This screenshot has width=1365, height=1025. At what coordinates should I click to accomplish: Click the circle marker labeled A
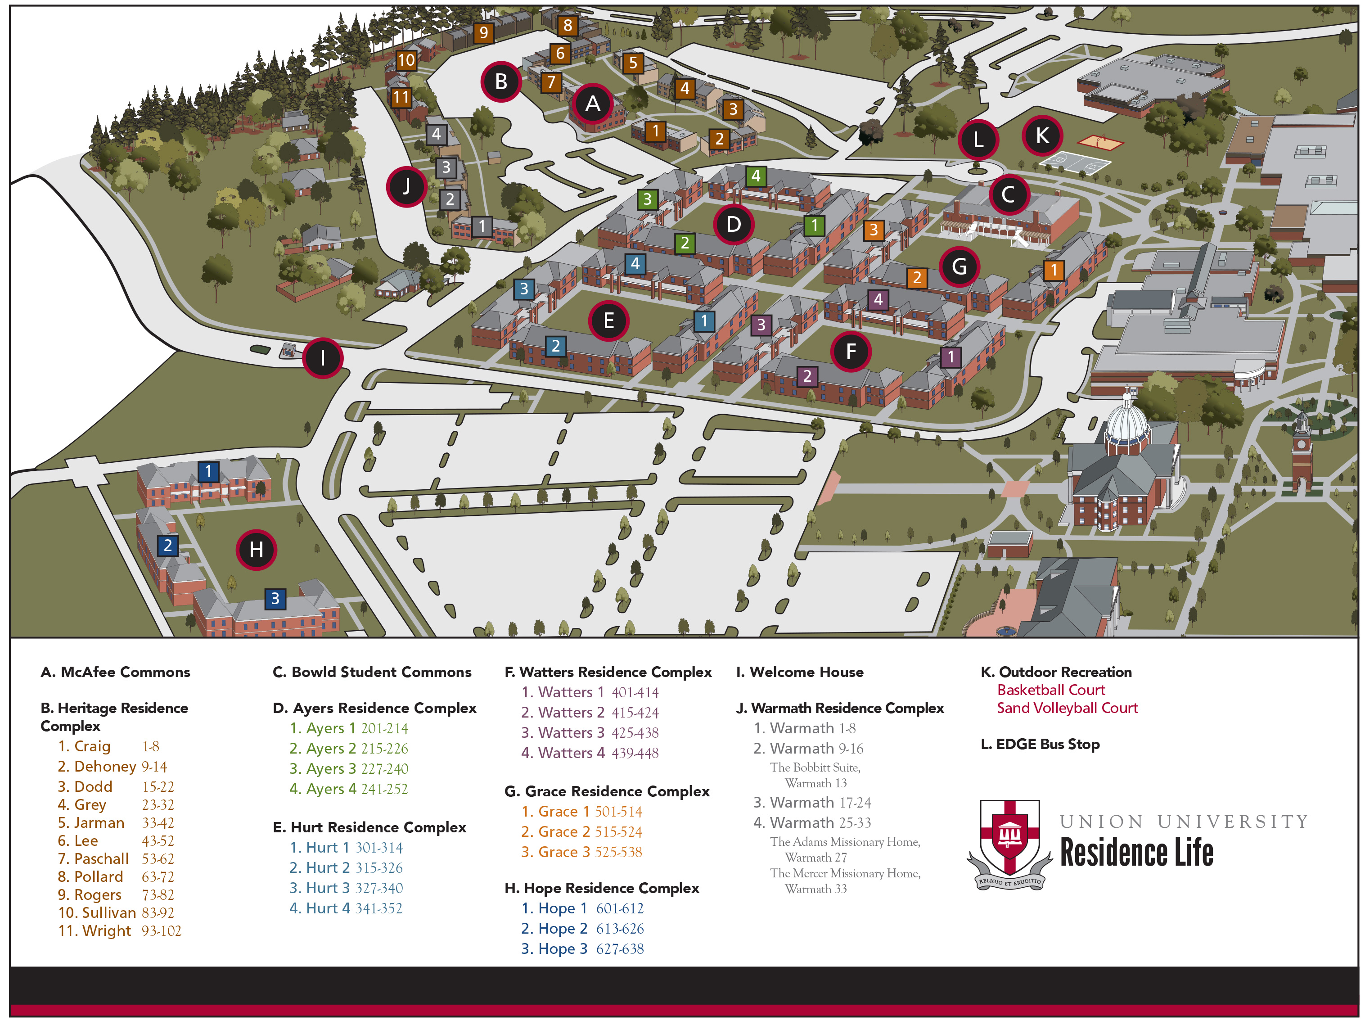coord(592,104)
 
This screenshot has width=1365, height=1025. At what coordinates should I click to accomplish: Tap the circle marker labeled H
coord(256,549)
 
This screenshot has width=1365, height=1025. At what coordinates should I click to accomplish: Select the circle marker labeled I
coord(323,357)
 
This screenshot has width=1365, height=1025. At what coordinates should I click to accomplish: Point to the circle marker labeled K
coord(1042,135)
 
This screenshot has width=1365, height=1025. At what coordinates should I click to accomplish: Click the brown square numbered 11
coord(401,97)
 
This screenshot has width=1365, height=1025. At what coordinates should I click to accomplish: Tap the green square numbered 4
coord(756,176)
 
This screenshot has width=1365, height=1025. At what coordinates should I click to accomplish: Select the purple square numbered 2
coord(807,376)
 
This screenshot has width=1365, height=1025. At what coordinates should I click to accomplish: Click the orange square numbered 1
coord(1054,270)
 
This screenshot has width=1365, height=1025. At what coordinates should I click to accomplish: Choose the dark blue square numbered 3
coord(275,598)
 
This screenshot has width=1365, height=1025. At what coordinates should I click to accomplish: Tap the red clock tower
coord(1302,454)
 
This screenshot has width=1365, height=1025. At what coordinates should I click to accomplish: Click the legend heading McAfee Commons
coord(115,672)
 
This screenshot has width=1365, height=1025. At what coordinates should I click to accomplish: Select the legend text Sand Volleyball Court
coord(1068,708)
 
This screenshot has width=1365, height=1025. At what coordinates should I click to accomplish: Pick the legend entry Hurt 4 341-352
coord(346,908)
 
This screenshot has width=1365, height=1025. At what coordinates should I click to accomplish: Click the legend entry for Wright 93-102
coord(120,930)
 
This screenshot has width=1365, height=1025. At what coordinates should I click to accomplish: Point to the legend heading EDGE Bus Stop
coord(1041,744)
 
